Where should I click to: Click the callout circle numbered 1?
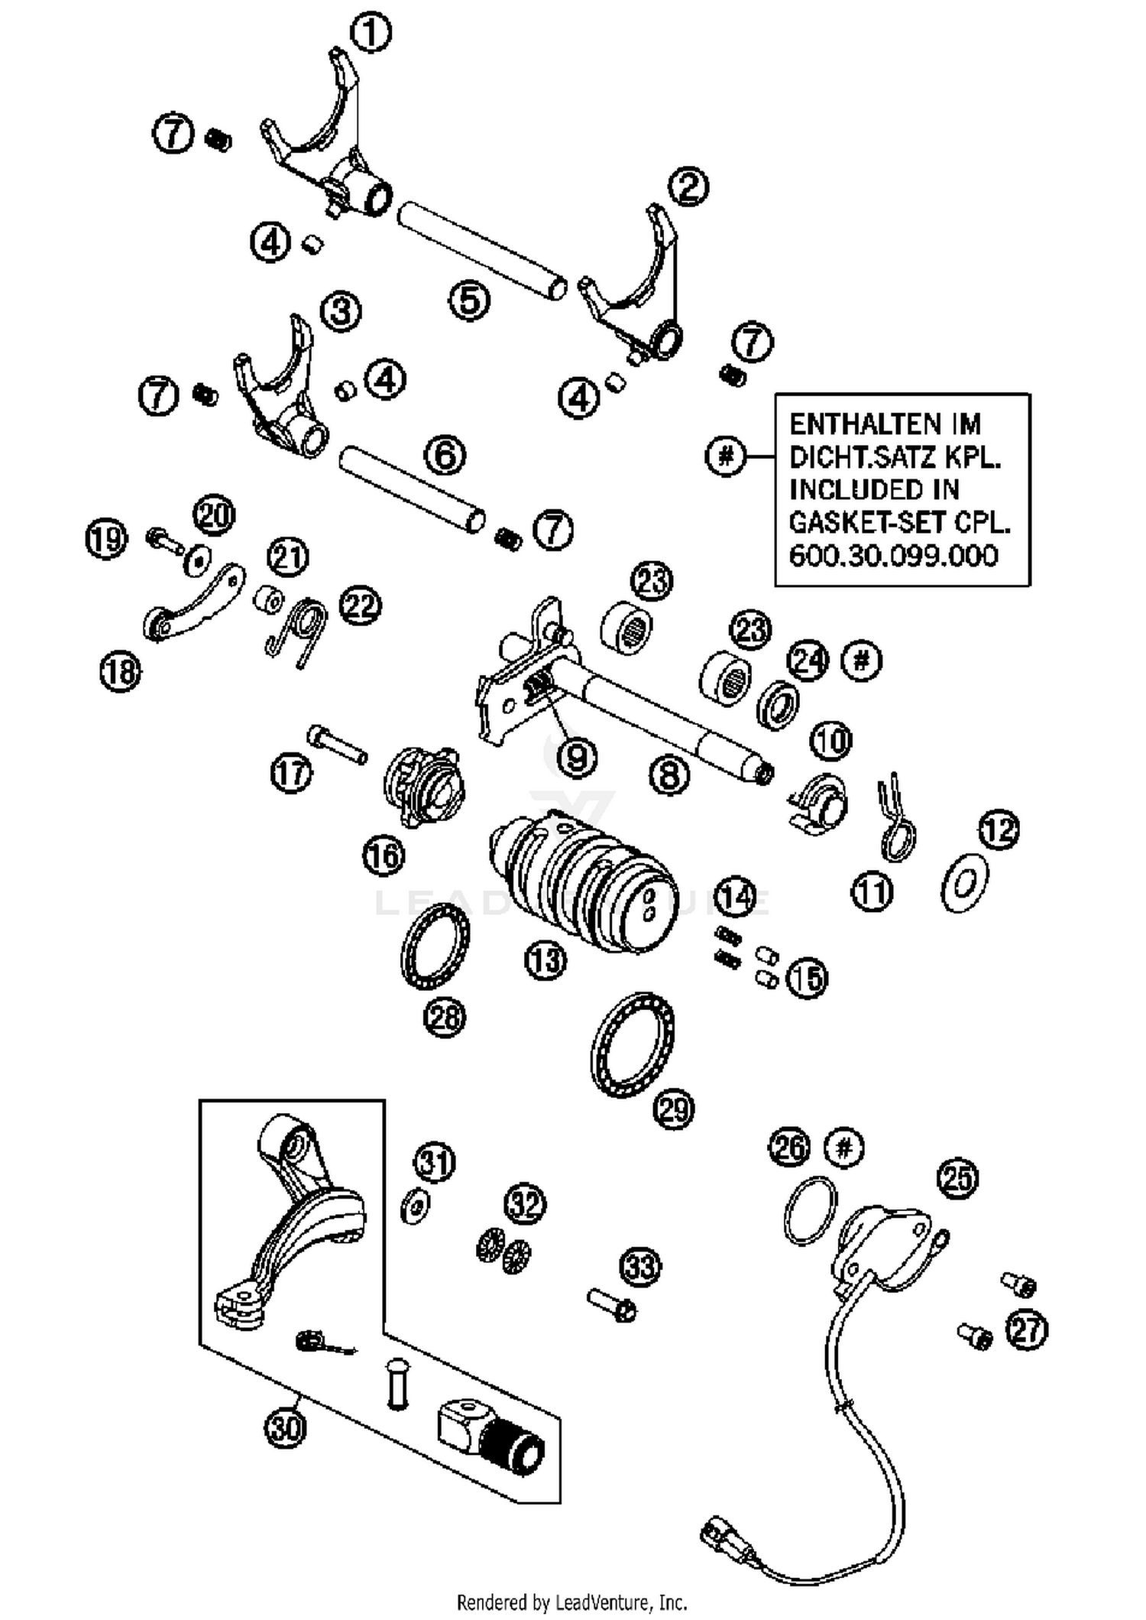coord(371,34)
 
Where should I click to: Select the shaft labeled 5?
coord(482,250)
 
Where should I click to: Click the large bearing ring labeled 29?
coord(633,1044)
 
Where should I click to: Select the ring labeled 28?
coord(435,945)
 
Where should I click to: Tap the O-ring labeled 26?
coord(810,1210)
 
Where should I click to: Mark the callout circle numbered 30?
coord(285,1427)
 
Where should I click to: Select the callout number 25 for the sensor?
coord(958,1178)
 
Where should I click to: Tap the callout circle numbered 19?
coord(106,538)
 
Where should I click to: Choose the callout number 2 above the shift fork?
coord(688,187)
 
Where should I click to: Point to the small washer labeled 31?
coord(415,1206)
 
